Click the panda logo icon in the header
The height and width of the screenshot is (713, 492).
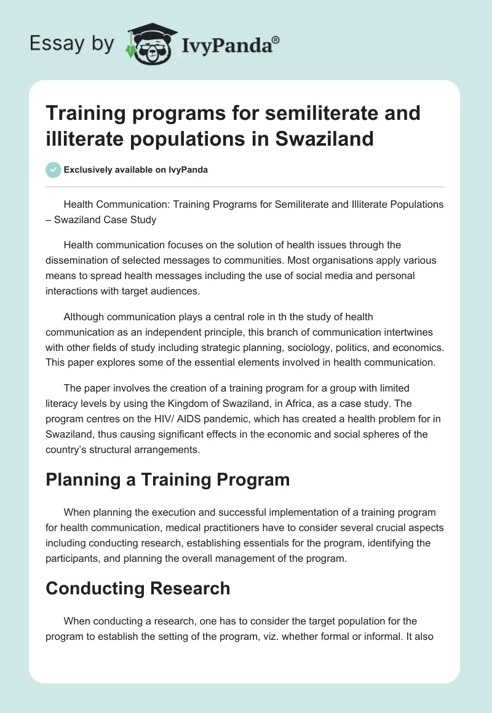coord(150,43)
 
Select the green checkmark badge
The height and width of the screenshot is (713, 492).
coord(53,170)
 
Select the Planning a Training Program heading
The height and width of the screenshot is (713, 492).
coord(167,479)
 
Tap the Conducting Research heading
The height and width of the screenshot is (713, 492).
coord(138,588)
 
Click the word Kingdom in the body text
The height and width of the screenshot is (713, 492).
coord(223,403)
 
